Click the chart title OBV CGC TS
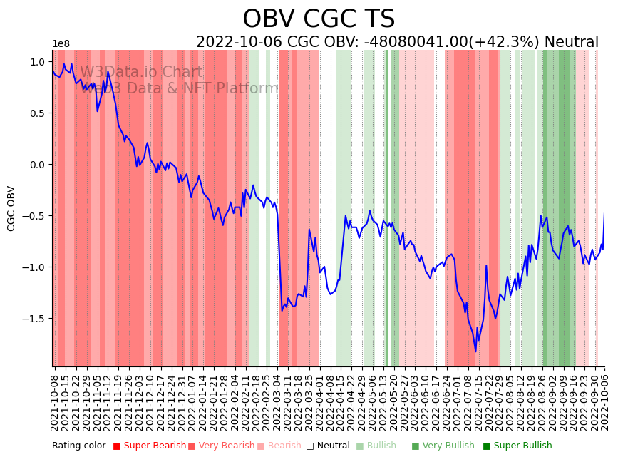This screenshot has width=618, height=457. point(318,19)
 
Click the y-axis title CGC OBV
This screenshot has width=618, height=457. point(11,208)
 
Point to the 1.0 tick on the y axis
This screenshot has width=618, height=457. point(37,62)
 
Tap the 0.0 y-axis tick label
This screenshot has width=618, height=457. point(37,165)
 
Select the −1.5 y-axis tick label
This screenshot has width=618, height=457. point(35,319)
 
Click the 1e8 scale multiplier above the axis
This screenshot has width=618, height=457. point(61,44)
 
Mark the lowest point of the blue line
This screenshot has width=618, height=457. point(475,351)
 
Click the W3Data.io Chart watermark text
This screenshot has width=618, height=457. point(141,73)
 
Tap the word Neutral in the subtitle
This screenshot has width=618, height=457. point(571,43)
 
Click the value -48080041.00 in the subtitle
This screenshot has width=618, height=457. point(416,43)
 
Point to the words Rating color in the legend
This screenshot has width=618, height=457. point(78,446)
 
